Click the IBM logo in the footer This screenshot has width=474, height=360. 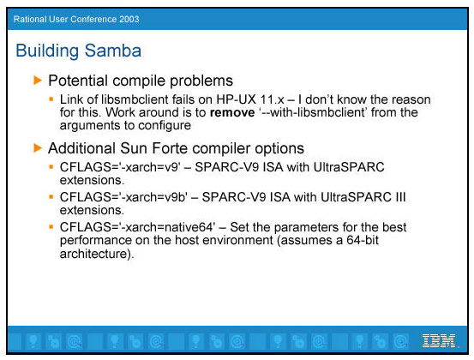tap(439, 340)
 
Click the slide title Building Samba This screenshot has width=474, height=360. tap(78, 51)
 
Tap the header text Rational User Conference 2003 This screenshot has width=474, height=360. tap(76, 19)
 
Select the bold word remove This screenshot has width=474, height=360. tap(232, 112)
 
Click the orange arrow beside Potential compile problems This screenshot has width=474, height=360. tap(38, 81)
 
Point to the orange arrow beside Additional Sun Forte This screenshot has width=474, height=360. tap(38, 148)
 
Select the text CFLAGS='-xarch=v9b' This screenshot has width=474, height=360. tap(123, 197)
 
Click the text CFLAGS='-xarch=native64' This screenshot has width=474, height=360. tap(137, 227)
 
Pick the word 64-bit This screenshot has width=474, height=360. tap(363, 240)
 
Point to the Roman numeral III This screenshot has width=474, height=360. tap(400, 197)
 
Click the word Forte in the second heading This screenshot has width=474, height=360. tap(169, 148)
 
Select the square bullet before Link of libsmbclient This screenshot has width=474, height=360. tap(51, 99)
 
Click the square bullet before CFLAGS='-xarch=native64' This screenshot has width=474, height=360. tap(51, 226)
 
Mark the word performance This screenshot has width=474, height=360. tap(96, 240)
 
